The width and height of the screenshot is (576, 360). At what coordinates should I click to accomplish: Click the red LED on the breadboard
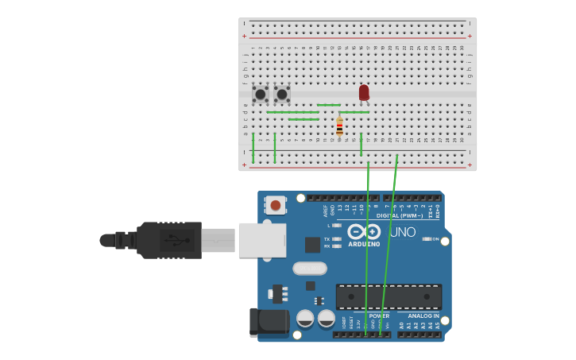coord(364,93)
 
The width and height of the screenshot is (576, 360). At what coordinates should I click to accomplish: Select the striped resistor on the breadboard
coord(339,126)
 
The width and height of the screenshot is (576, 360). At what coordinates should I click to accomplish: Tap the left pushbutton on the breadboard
coord(260,94)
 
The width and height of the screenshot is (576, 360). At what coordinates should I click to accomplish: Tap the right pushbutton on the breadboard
coord(282,94)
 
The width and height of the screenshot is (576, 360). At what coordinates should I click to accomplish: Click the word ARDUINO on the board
coord(364,244)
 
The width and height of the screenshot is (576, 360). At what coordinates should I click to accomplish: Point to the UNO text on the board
coord(402,232)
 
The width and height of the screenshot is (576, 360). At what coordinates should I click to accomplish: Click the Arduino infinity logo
coord(364,231)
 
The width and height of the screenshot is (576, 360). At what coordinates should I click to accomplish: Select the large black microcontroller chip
coord(389,296)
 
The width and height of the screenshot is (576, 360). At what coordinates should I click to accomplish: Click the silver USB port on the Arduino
coord(261,240)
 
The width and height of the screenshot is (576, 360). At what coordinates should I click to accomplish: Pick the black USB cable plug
coord(168,240)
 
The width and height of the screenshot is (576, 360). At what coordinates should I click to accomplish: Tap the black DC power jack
coord(269,323)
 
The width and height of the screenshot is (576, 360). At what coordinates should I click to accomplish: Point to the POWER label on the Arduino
coord(379,315)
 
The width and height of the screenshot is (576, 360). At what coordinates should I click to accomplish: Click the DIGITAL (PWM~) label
coord(400,215)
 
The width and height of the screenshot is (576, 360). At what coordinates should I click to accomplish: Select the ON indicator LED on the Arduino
coord(427,238)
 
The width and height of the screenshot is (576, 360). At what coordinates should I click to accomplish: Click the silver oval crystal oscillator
coord(310,269)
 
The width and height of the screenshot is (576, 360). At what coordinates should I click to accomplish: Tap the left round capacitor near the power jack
coord(305,319)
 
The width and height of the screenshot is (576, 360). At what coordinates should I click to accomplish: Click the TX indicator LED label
coord(327,238)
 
